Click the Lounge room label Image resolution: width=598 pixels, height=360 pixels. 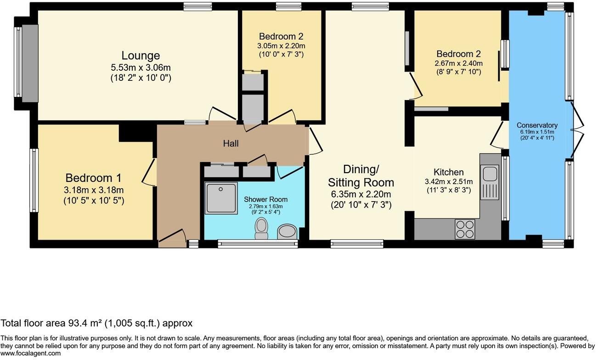tap(141, 56)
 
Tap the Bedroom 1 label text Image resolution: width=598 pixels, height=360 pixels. tap(93, 178)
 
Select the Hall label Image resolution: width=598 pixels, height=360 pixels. tap(231, 144)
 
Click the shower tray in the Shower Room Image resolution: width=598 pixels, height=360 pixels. tap(221, 198)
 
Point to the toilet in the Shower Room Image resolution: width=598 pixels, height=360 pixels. tap(261, 228)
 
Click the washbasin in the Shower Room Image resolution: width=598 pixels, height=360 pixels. tap(287, 231)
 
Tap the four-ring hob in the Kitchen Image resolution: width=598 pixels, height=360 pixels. tap(465, 229)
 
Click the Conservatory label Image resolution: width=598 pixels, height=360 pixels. tap(537, 125)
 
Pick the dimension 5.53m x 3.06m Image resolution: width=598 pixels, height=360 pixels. tap(141, 67)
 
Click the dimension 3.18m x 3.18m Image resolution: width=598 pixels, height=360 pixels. tap(94, 190)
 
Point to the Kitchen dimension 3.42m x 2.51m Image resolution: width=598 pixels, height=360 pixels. tap(449, 182)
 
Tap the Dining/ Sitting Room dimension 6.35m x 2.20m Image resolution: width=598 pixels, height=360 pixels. tap(361, 194)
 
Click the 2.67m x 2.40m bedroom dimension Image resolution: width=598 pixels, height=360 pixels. tap(459, 63)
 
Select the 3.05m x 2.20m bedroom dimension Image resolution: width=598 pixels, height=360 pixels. tap(281, 46)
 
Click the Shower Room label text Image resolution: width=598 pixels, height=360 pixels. tap(265, 199)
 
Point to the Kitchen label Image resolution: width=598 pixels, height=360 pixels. tap(448, 172)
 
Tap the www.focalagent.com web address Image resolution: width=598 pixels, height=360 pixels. tap(30, 354)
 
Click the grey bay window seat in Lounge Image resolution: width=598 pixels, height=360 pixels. tap(30, 63)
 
